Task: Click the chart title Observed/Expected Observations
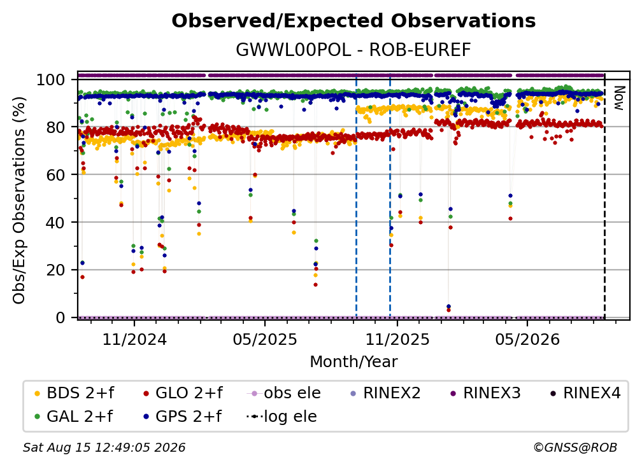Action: (x=353, y=21)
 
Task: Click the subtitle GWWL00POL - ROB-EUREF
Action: (x=353, y=50)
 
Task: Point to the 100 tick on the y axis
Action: (x=50, y=80)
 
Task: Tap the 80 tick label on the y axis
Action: (x=55, y=127)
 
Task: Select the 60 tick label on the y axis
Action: (x=55, y=174)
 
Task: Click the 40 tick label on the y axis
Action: (x=55, y=223)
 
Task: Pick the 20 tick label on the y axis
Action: (x=55, y=270)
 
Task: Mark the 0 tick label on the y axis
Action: (x=60, y=317)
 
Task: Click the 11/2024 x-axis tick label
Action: (x=134, y=339)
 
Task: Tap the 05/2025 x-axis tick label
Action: (x=265, y=339)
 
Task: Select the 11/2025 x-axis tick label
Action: (x=397, y=339)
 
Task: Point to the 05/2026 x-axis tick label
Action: (x=527, y=339)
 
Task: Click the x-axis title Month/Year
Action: (x=353, y=362)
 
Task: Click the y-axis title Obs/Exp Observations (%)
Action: (x=19, y=200)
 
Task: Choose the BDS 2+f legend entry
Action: (x=74, y=393)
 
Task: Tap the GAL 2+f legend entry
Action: (x=73, y=416)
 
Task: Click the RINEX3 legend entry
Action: (x=485, y=393)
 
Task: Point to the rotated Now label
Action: (x=618, y=98)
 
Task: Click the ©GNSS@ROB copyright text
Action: (x=575, y=448)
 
